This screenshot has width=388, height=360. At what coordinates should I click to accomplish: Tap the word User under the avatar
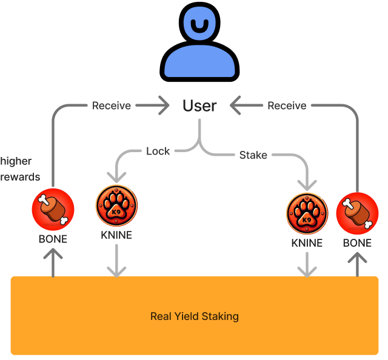(199, 106)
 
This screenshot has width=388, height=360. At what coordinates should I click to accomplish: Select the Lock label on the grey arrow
(158, 151)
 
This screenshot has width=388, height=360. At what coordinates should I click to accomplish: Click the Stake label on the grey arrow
(253, 155)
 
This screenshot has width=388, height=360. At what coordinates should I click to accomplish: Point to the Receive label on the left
(112, 105)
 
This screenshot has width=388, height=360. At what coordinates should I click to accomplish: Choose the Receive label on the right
(287, 105)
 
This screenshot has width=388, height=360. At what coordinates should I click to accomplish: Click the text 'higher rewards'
(20, 169)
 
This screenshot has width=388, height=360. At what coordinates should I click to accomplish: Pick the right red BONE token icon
(357, 213)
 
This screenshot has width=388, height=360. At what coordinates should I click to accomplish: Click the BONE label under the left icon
(53, 239)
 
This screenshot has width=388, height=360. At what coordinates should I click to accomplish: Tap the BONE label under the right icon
(357, 243)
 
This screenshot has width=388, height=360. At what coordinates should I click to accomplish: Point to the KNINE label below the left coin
(116, 235)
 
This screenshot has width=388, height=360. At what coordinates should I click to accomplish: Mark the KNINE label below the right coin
(307, 243)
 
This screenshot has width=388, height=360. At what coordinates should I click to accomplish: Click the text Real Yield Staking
(194, 316)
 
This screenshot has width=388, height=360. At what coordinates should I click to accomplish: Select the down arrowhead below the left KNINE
(116, 270)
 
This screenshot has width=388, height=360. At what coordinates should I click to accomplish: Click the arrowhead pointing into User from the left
(162, 106)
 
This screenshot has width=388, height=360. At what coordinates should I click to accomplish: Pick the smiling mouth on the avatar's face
(199, 27)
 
